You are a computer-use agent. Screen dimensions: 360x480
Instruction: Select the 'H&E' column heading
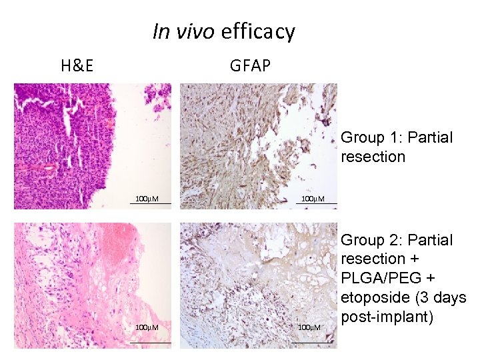click(77, 65)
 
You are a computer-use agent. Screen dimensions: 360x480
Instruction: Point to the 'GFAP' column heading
click(250, 65)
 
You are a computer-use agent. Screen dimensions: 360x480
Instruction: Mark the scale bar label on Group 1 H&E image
click(147, 199)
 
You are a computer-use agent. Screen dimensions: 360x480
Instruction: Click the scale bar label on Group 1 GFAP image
click(313, 199)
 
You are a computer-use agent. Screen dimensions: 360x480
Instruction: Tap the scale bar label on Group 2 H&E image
click(147, 327)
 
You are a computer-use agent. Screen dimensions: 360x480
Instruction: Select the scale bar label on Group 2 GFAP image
click(309, 327)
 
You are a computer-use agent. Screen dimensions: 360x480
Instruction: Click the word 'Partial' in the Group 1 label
click(429, 138)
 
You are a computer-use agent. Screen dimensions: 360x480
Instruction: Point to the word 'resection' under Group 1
click(373, 157)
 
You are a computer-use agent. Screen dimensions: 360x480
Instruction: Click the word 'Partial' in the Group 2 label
click(429, 240)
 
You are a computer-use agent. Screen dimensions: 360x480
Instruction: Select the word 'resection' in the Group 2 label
click(373, 259)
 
